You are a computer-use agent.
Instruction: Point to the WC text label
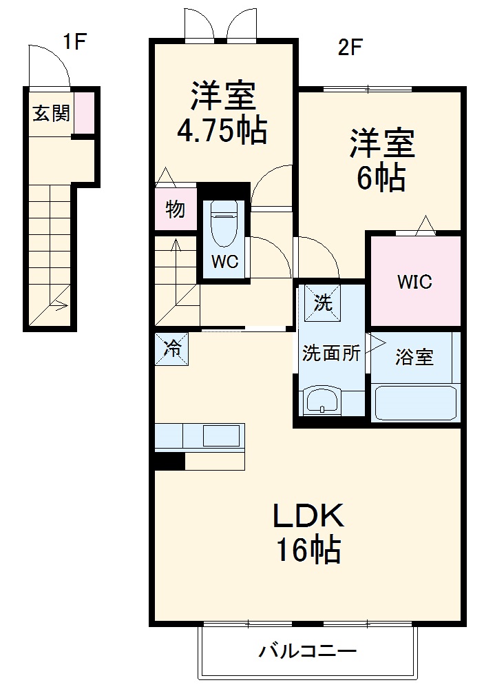coord(224,262)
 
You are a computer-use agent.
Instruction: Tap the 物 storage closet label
coord(176,209)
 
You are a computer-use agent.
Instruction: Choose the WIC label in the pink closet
coord(414,282)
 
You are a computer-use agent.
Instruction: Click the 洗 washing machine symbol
coord(322,301)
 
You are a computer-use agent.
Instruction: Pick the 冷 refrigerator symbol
coord(171,349)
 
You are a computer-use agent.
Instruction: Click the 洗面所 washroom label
coord(332,353)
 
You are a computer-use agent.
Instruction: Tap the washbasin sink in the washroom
coord(322,400)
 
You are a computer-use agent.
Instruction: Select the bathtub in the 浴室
coord(415,403)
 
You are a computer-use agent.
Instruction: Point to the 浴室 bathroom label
coord(414,357)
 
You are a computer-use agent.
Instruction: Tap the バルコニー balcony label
coord(308,650)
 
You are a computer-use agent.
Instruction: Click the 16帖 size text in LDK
coord(308,550)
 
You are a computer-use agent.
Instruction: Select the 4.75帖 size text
coord(222,131)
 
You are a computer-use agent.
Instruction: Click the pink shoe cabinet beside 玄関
coord(84,112)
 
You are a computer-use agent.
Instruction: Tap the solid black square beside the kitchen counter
coord(170,461)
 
